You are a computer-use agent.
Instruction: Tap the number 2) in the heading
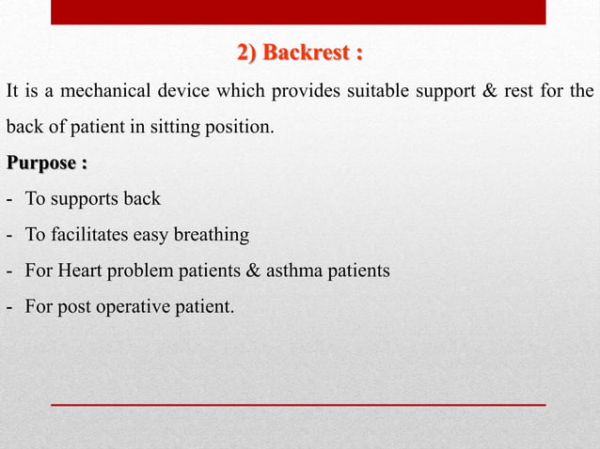pos(247,52)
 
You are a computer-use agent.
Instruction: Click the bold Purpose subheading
pos(47,163)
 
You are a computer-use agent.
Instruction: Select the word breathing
pos(213,235)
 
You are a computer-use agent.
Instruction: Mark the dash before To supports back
pos(8,199)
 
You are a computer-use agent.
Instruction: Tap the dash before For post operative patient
pos(8,306)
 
